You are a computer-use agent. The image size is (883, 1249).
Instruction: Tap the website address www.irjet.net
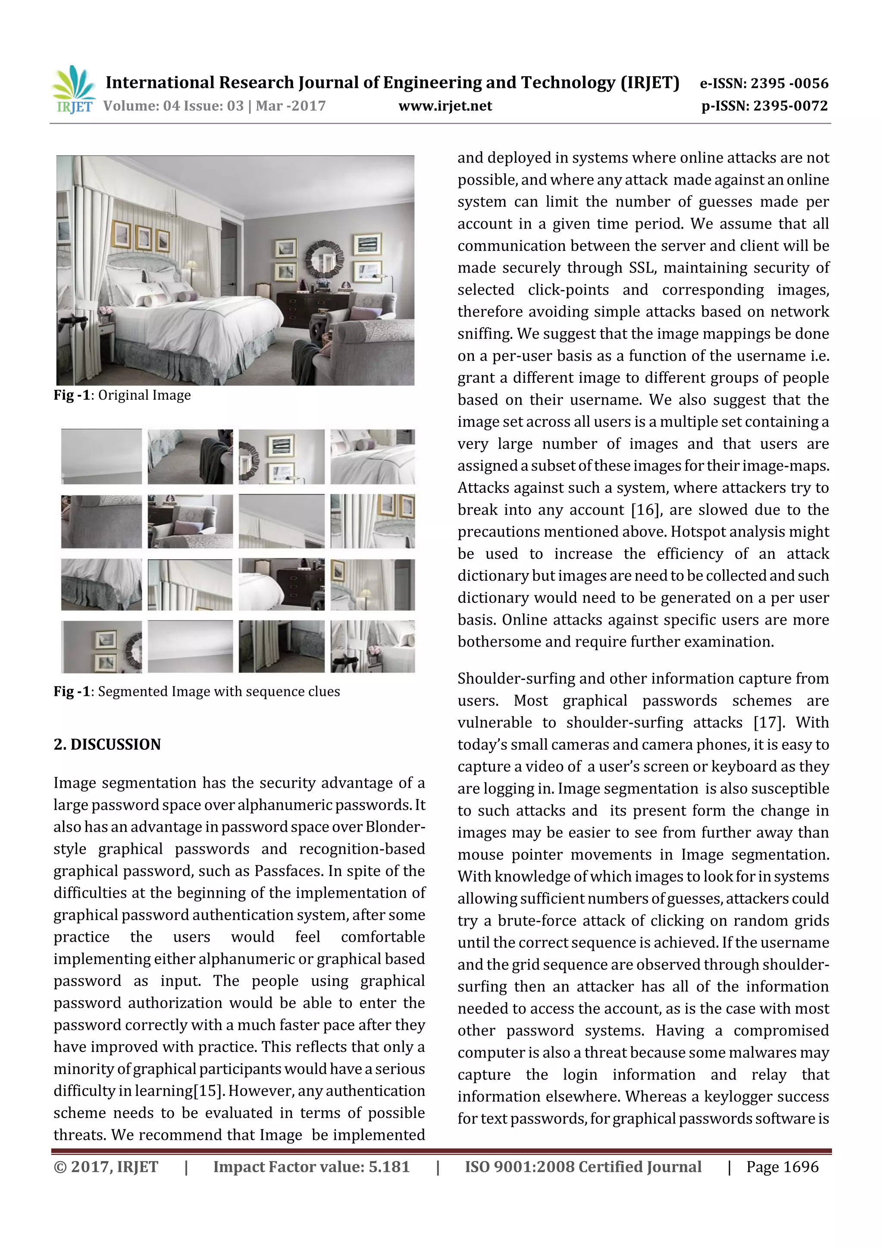point(445,106)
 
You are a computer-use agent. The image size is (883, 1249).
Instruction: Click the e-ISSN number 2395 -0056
point(789,83)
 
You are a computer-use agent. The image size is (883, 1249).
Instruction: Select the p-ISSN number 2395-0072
point(789,106)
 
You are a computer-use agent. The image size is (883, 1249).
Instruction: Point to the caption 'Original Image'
point(144,395)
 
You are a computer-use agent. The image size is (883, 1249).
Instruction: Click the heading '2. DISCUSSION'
point(107,744)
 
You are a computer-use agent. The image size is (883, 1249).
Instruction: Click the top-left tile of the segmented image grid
point(101,457)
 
